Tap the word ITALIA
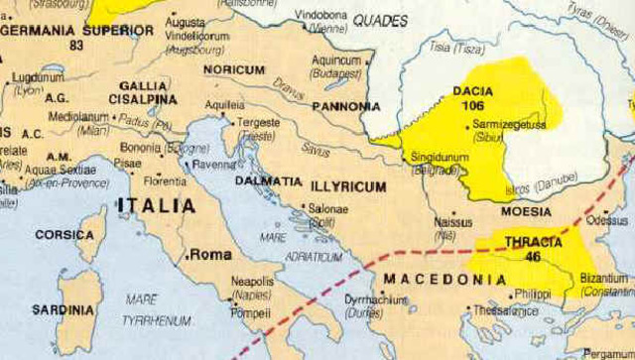pyautogui.click(x=158, y=206)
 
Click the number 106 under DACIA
pyautogui.click(x=473, y=106)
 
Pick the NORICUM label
pyautogui.click(x=234, y=70)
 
